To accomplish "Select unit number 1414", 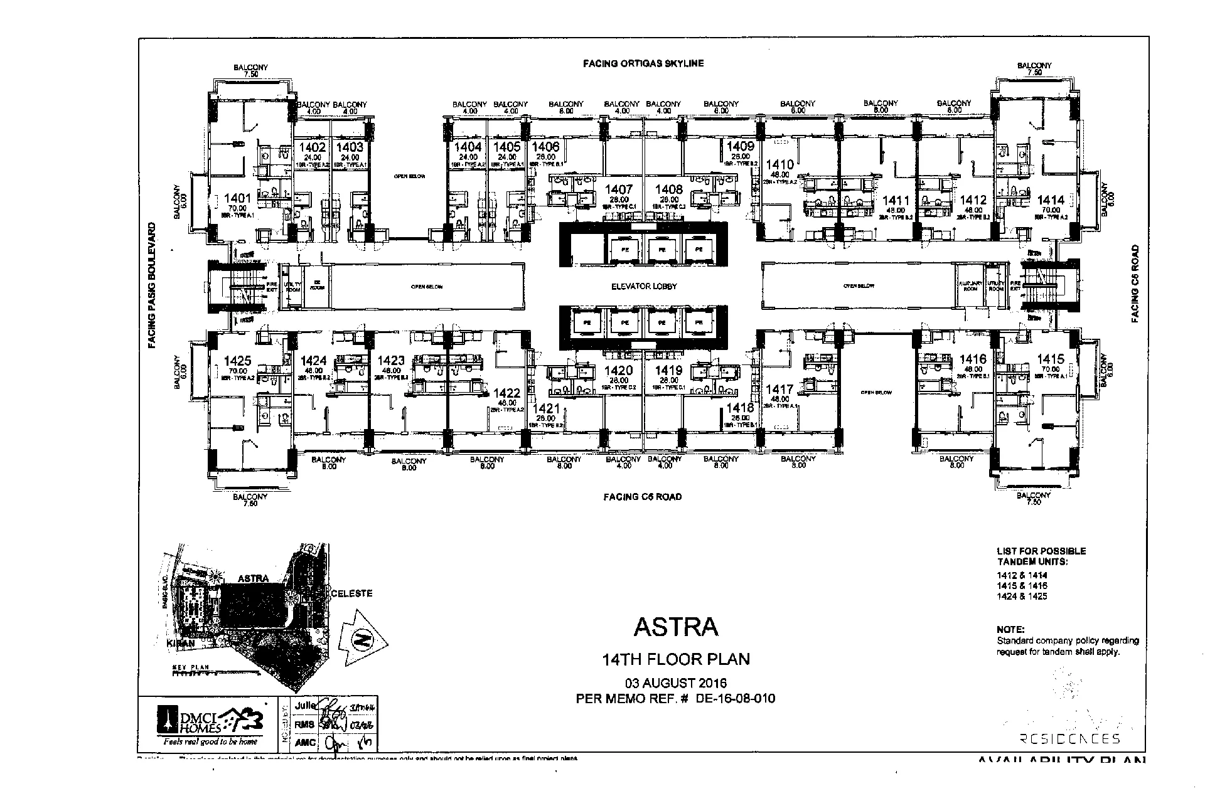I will (1051, 201).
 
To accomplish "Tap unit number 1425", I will (237, 361).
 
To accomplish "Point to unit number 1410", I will (779, 165).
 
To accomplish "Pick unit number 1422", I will (507, 394).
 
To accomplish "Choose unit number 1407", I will (619, 189).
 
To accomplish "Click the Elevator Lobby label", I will (644, 287).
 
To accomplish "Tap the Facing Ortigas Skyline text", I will (643, 63).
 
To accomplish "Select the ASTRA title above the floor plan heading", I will (675, 627).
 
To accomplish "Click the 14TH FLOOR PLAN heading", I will (675, 659).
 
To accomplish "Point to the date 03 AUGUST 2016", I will (675, 683).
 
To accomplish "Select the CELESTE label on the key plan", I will (351, 593).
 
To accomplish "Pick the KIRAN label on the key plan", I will (181, 644).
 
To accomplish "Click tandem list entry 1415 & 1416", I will (1022, 586).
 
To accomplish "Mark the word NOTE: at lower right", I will (1010, 629).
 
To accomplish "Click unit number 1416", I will (973, 359).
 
